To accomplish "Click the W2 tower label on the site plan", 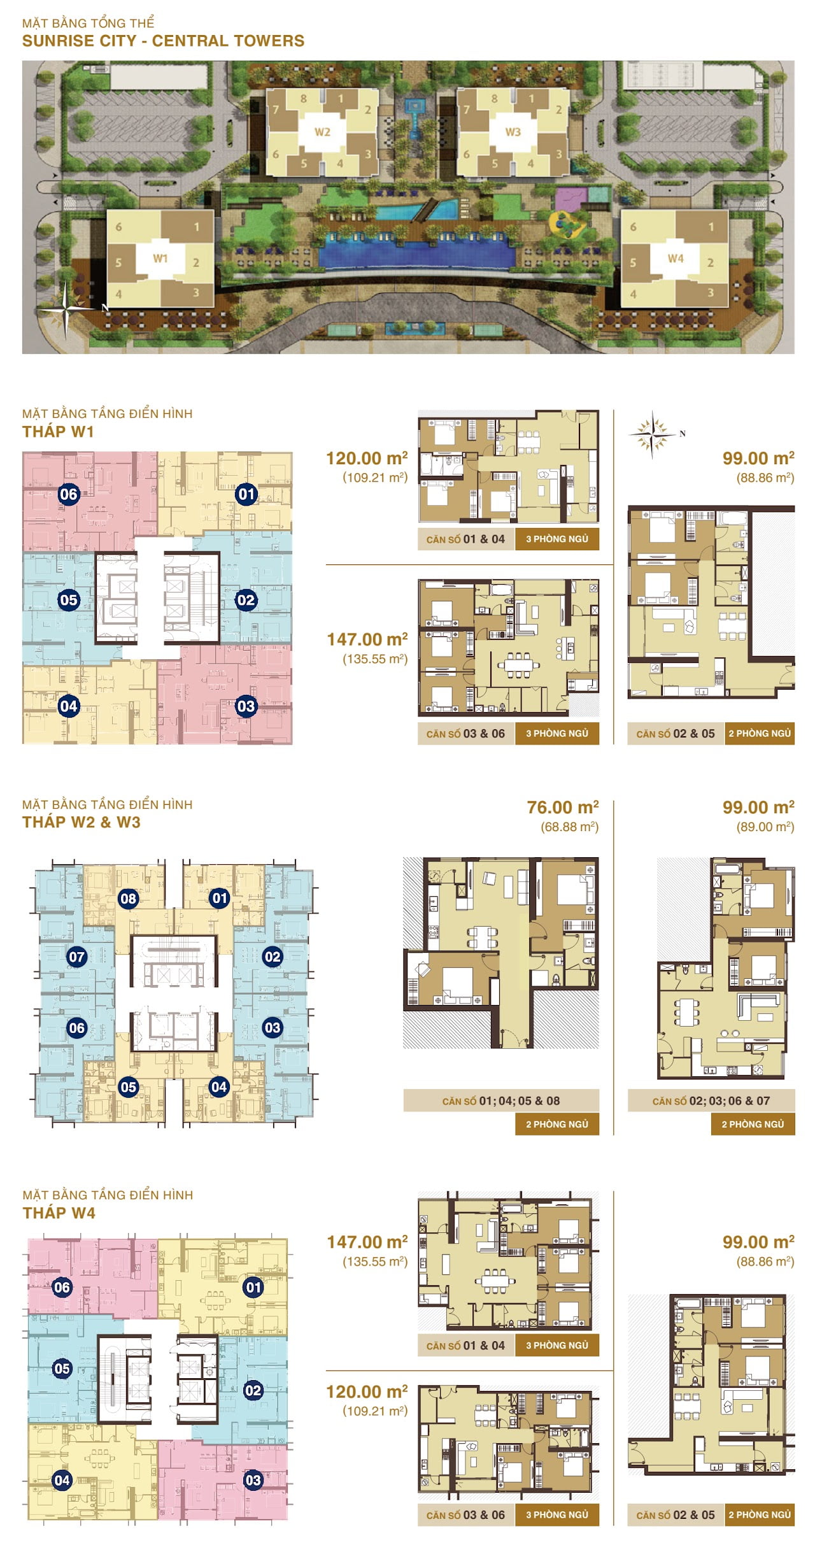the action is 322,132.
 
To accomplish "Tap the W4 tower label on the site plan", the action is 676,259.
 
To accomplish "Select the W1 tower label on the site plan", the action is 160,259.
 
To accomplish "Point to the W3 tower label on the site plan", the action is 513,132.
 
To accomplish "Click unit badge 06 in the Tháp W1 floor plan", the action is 69,494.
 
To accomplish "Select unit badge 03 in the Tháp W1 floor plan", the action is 246,706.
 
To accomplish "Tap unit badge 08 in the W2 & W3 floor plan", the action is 129,899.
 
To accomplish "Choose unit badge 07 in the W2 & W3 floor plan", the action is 77,957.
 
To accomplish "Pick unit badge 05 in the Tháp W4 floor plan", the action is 62,1369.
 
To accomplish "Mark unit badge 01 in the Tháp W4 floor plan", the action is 253,1288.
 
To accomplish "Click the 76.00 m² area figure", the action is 563,808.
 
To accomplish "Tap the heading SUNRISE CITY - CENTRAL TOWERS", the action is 163,41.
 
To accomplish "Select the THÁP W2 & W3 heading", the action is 81,822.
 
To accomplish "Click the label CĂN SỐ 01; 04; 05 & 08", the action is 501,1100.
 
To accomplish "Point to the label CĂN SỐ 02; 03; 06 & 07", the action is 711,1100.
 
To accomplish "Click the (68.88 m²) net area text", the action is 570,827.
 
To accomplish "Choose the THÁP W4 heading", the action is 59,1213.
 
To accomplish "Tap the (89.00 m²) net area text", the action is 765,827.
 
